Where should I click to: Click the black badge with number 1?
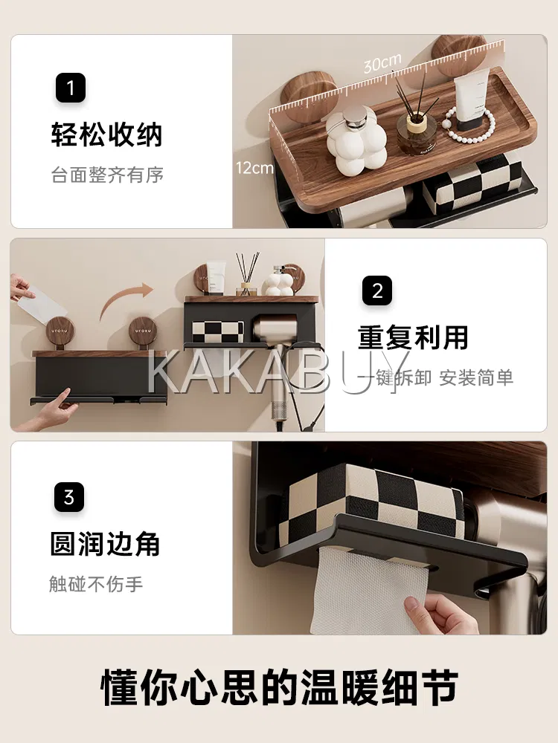71,88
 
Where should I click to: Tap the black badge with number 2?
377,291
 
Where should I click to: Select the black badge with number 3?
69,497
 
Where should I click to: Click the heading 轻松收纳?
106,134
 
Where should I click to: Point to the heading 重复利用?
413,337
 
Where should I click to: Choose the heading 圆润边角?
106,544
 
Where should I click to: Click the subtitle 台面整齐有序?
107,175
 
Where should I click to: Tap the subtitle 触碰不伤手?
96,584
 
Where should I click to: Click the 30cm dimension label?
382,63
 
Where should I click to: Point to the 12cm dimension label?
254,168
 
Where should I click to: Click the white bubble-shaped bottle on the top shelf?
356,140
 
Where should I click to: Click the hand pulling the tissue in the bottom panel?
443,614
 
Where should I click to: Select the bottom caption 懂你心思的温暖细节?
280,687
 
